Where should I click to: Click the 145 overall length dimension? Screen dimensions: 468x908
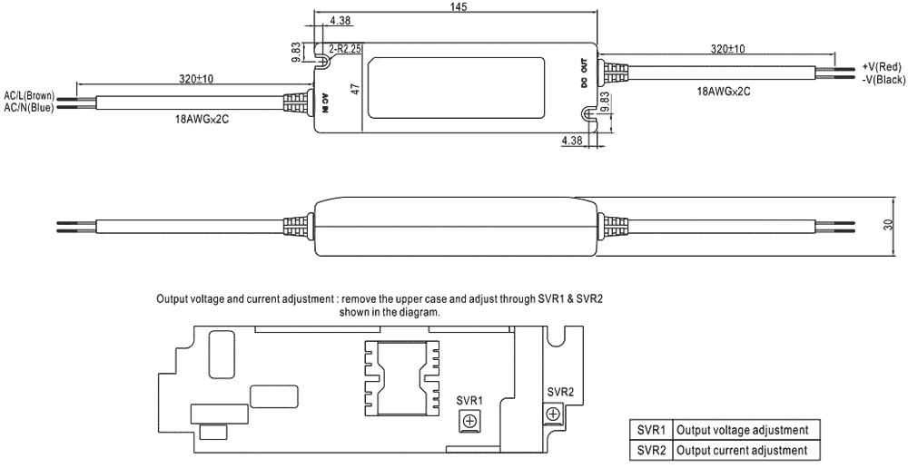pyautogui.click(x=457, y=7)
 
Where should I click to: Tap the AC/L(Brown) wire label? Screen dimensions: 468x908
pyautogui.click(x=29, y=96)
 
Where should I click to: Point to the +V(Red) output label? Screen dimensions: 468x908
pyautogui.click(x=881, y=67)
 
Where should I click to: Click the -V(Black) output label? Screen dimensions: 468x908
pyautogui.click(x=883, y=80)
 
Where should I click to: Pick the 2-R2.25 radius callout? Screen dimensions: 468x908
pyautogui.click(x=347, y=48)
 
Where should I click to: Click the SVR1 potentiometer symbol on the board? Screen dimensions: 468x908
pyautogui.click(x=469, y=420)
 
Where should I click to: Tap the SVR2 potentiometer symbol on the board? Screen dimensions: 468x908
pyautogui.click(x=552, y=414)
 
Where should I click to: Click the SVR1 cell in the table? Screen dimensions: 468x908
pyautogui.click(x=651, y=430)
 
